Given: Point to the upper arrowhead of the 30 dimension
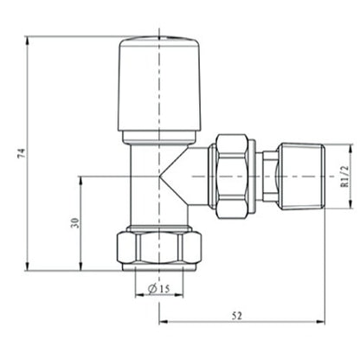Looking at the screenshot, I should [81, 179].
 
